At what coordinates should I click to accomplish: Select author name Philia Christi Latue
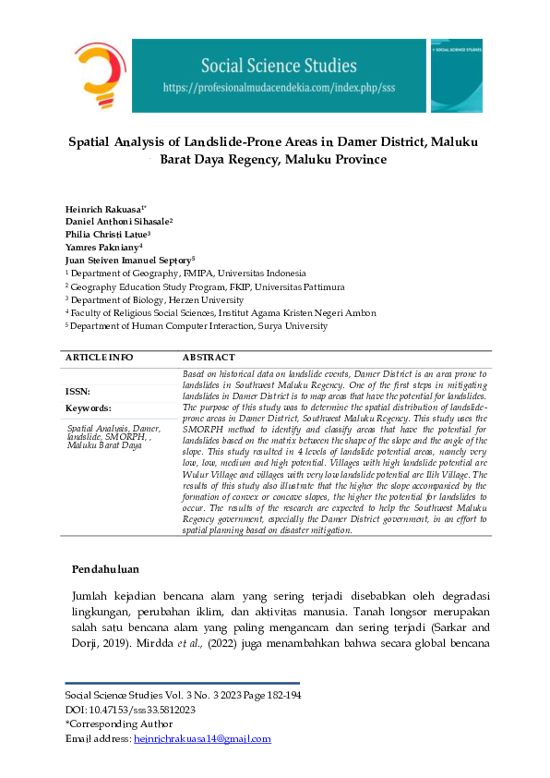[107, 235]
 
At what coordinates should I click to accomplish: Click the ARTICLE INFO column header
[99, 357]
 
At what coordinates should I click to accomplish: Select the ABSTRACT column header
[209, 357]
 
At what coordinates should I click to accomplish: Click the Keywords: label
[89, 407]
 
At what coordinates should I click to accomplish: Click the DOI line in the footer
[129, 709]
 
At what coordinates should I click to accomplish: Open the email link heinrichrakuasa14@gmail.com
[202, 738]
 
